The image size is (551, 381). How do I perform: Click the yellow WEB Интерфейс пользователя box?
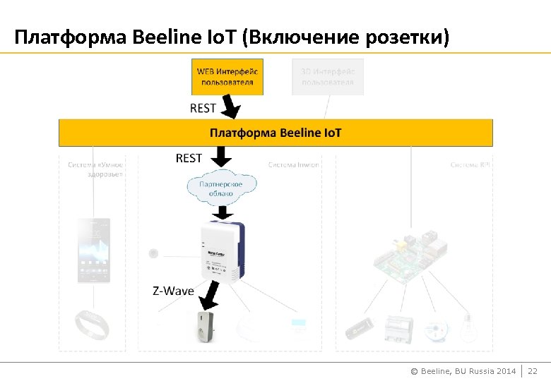coord(227,77)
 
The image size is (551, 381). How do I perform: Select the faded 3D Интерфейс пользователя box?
coord(328,77)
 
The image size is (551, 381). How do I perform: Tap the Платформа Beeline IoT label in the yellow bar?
coord(275,133)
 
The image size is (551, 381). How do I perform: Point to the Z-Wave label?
coord(173,291)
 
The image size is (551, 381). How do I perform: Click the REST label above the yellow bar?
coord(203,108)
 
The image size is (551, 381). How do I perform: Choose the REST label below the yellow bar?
coord(189,158)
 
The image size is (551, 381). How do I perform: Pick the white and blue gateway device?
coord(223,251)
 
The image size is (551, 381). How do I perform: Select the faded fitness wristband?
coord(93,326)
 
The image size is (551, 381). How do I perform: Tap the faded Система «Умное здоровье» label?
coord(96,169)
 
